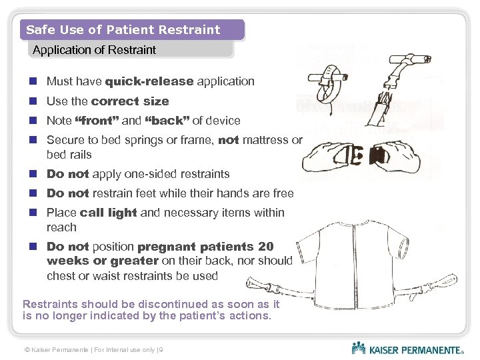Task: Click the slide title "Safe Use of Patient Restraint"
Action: coord(123,30)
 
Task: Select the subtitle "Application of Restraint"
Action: coord(94,50)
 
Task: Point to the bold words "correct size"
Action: coord(130,101)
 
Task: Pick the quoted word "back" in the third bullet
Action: coord(166,121)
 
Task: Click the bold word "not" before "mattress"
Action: coord(228,140)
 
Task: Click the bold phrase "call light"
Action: coord(108,213)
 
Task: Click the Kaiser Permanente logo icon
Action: coord(359,348)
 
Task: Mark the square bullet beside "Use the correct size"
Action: coord(33,101)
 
